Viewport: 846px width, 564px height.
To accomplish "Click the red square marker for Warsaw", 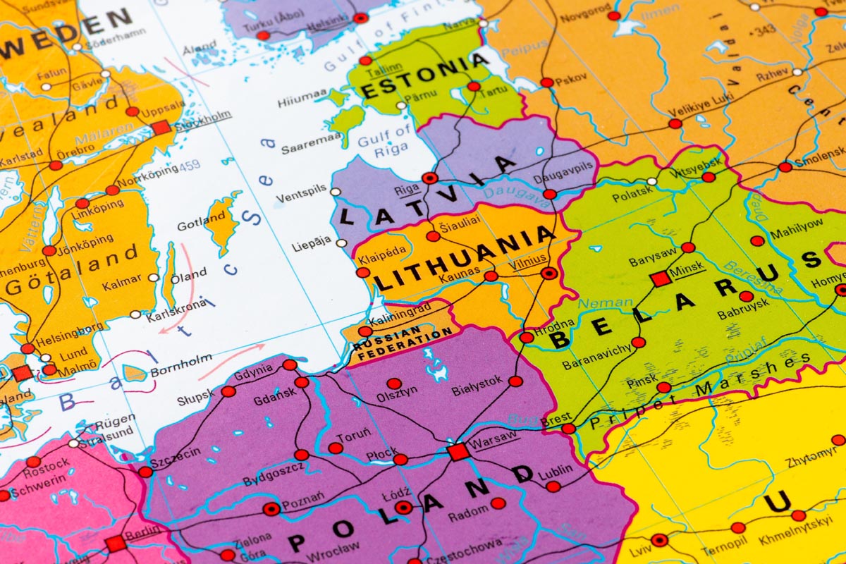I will [458, 451].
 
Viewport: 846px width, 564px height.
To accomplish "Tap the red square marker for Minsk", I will [661, 278].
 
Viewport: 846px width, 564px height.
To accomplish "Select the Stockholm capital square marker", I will [161, 128].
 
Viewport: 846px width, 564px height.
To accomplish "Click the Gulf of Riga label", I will [384, 140].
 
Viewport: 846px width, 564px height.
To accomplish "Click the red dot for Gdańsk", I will [302, 382].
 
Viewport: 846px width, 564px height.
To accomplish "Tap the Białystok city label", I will [477, 384].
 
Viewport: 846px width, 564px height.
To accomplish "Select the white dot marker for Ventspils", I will [336, 191].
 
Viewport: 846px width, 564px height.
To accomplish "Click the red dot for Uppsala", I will [133, 111].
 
